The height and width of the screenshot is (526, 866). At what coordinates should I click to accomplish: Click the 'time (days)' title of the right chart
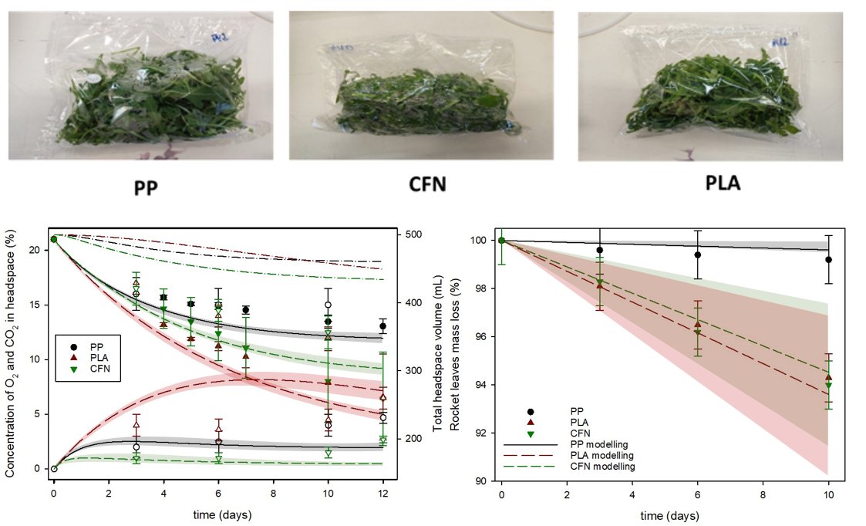[x=665, y=514]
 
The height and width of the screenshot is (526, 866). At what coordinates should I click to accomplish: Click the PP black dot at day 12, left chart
[x=382, y=326]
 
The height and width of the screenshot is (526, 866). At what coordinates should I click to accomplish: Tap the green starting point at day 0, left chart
[x=54, y=239]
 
